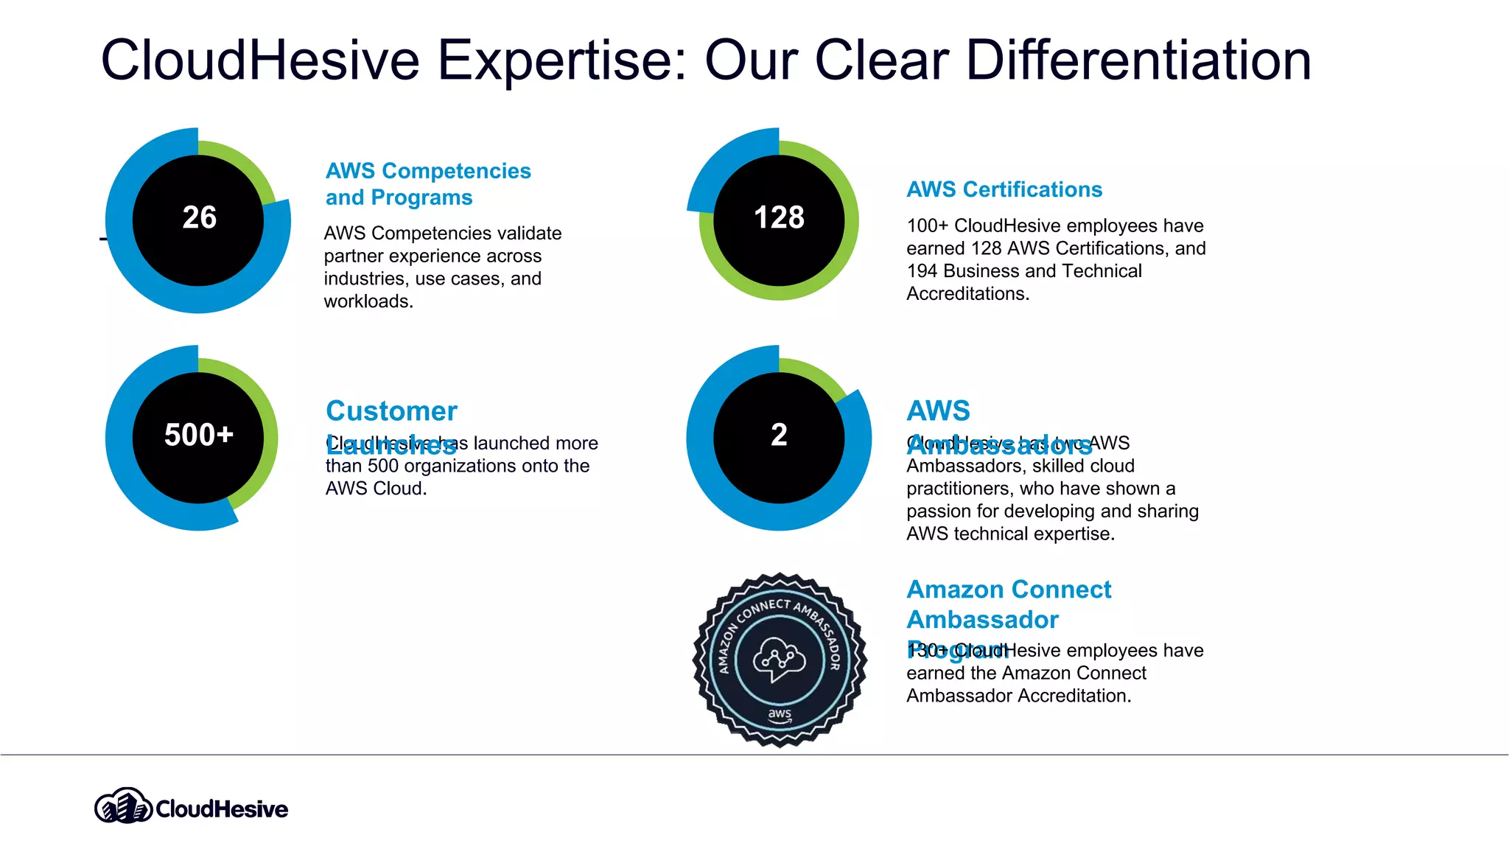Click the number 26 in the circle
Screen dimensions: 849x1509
(199, 217)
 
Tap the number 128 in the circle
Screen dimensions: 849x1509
(779, 217)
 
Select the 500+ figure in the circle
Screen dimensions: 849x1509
(199, 435)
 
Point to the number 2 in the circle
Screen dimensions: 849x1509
(779, 435)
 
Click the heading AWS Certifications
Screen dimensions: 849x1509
(1004, 189)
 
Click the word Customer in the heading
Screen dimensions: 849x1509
(391, 410)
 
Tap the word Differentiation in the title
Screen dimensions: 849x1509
(1138, 60)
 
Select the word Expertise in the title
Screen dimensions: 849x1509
(562, 60)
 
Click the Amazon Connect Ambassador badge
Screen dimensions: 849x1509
(780, 660)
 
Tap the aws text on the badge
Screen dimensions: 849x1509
(780, 714)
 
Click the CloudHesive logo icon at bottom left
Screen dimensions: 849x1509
(123, 806)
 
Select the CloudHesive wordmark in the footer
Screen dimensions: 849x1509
(222, 809)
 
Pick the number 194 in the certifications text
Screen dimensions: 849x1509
(922, 271)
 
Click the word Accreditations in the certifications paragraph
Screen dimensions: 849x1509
(966, 294)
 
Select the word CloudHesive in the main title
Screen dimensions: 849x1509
(259, 60)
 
